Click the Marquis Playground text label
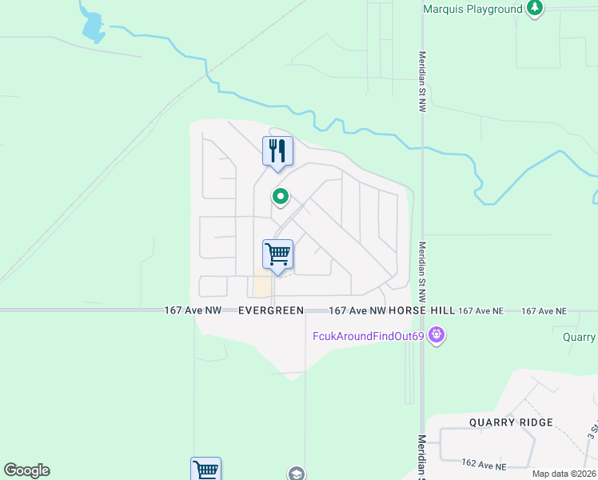pyautogui.click(x=472, y=9)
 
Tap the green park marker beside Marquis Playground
pyautogui.click(x=535, y=9)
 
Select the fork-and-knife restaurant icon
pyautogui.click(x=277, y=150)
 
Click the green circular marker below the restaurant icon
pyautogui.click(x=281, y=196)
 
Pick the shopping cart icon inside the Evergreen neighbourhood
pyautogui.click(x=277, y=254)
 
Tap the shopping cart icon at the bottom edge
pyautogui.click(x=205, y=470)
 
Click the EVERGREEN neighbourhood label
pyautogui.click(x=271, y=310)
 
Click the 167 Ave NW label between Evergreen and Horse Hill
pyautogui.click(x=357, y=310)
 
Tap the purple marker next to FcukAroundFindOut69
pyautogui.click(x=437, y=334)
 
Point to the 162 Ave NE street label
pyautogui.click(x=484, y=465)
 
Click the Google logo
pyautogui.click(x=26, y=470)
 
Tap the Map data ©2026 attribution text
pyautogui.click(x=563, y=474)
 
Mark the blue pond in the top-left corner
pyautogui.click(x=93, y=27)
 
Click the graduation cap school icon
pyautogui.click(x=297, y=474)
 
